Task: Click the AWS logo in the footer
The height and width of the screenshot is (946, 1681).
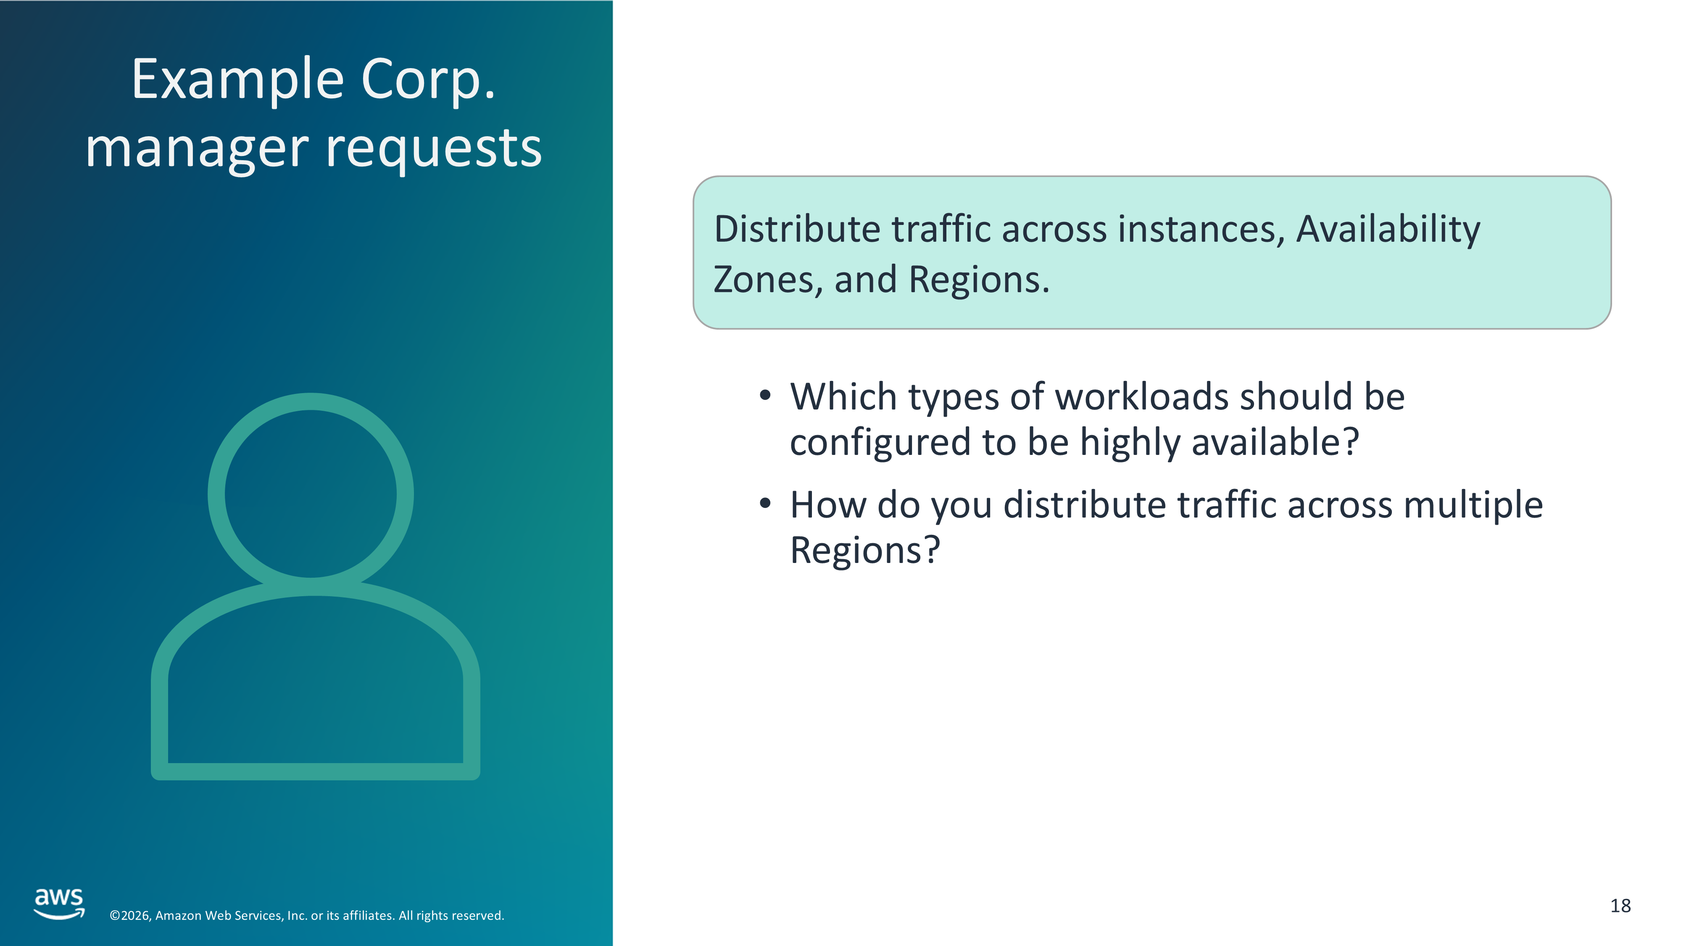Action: pyautogui.click(x=59, y=904)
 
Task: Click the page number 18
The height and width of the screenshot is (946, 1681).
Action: pyautogui.click(x=1620, y=906)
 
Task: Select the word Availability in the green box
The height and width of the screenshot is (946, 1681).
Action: pyautogui.click(x=1388, y=230)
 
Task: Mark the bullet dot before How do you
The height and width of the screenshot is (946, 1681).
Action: pyautogui.click(x=765, y=503)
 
